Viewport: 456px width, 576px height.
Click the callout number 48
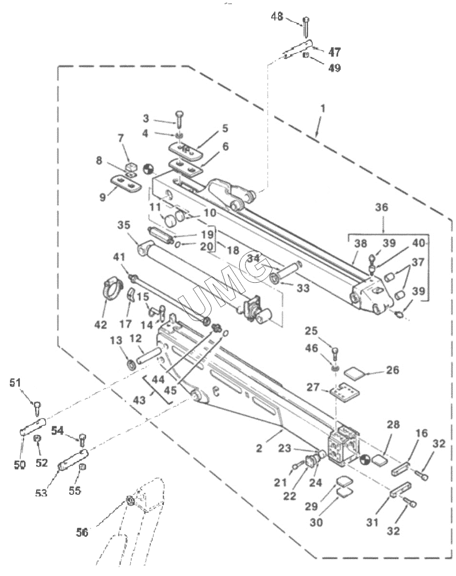click(x=277, y=17)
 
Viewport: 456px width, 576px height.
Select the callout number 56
click(x=82, y=533)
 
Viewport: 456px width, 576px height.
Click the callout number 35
click(x=124, y=225)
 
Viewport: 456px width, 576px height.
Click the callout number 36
click(x=382, y=207)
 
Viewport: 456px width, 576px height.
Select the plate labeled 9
click(x=126, y=183)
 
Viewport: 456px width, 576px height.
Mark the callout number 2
click(x=259, y=448)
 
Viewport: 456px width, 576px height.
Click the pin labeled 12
click(x=149, y=355)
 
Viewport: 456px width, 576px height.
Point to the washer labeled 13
click(x=131, y=365)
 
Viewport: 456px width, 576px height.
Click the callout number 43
click(x=139, y=400)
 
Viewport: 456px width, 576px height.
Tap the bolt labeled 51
click(x=37, y=409)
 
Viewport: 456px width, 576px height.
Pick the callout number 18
click(x=233, y=250)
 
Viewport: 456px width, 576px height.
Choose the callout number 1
click(x=322, y=109)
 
